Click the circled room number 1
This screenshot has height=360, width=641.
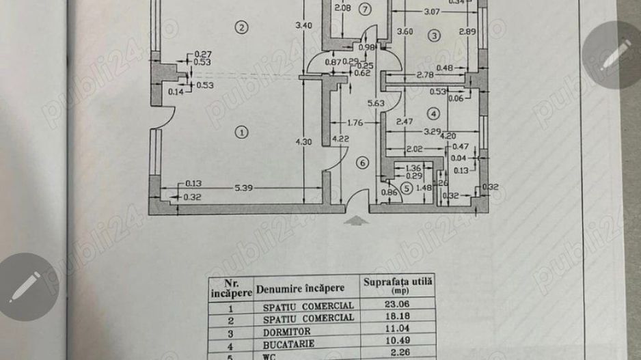coord(241,131)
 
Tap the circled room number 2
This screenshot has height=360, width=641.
coord(240,27)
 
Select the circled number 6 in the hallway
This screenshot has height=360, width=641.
coord(363,163)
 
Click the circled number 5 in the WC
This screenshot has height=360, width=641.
coord(407,189)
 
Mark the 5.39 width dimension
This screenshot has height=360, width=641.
coord(247,186)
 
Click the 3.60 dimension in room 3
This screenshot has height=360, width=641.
coord(406,31)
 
